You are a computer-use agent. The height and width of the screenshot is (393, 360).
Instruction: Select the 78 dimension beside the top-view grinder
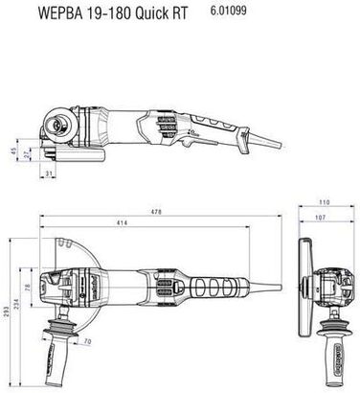[x=27, y=289]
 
